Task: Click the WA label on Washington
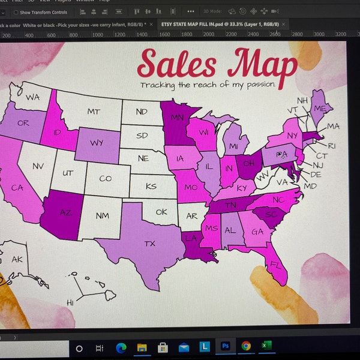point(32,97)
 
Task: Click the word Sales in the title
point(175,64)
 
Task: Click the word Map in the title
point(263,64)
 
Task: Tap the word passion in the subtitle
point(256,85)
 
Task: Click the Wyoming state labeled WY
point(97,143)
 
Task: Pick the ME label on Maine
point(320,108)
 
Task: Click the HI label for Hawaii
point(70,302)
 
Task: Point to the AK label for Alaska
point(17,260)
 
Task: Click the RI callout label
point(331,146)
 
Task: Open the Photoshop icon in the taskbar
point(226,347)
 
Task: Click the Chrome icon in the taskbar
point(246,347)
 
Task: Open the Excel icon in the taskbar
point(266,347)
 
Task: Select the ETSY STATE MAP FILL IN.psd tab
point(220,23)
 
